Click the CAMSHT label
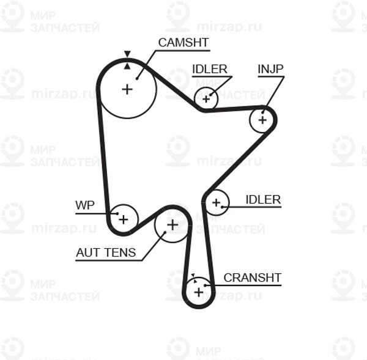183,43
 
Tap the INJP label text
270,69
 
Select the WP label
85,205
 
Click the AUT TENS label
106,252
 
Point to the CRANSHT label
252,277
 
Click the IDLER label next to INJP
209,69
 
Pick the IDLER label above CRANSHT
263,199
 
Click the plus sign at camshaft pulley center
127,89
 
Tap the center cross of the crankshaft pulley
199,292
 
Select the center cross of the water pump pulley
124,219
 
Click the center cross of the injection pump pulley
262,120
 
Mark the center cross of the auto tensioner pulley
172,225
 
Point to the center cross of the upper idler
206,99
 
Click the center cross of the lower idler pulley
217,202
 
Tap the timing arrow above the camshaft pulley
127,54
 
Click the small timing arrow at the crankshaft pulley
193,275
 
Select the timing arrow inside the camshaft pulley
127,66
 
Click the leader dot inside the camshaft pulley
137,79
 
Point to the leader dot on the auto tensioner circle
165,232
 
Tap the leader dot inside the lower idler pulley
222,207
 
